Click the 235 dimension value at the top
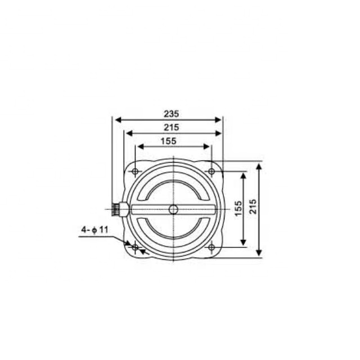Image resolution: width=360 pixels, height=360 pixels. (x=168, y=113)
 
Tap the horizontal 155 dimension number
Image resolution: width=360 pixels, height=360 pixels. (x=168, y=141)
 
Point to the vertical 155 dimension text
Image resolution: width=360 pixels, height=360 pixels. (x=238, y=209)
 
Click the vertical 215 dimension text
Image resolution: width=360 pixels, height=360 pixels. (x=253, y=209)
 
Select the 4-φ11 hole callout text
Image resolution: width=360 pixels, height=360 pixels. (x=94, y=229)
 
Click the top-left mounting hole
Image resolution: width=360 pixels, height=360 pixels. (x=135, y=171)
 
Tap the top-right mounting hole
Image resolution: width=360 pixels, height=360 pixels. (x=211, y=171)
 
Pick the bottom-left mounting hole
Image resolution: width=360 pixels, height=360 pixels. (x=135, y=247)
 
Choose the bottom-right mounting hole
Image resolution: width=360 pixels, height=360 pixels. (x=211, y=247)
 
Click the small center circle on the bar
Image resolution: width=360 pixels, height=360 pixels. (x=173, y=209)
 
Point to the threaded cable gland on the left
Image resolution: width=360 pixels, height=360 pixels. (x=118, y=209)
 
